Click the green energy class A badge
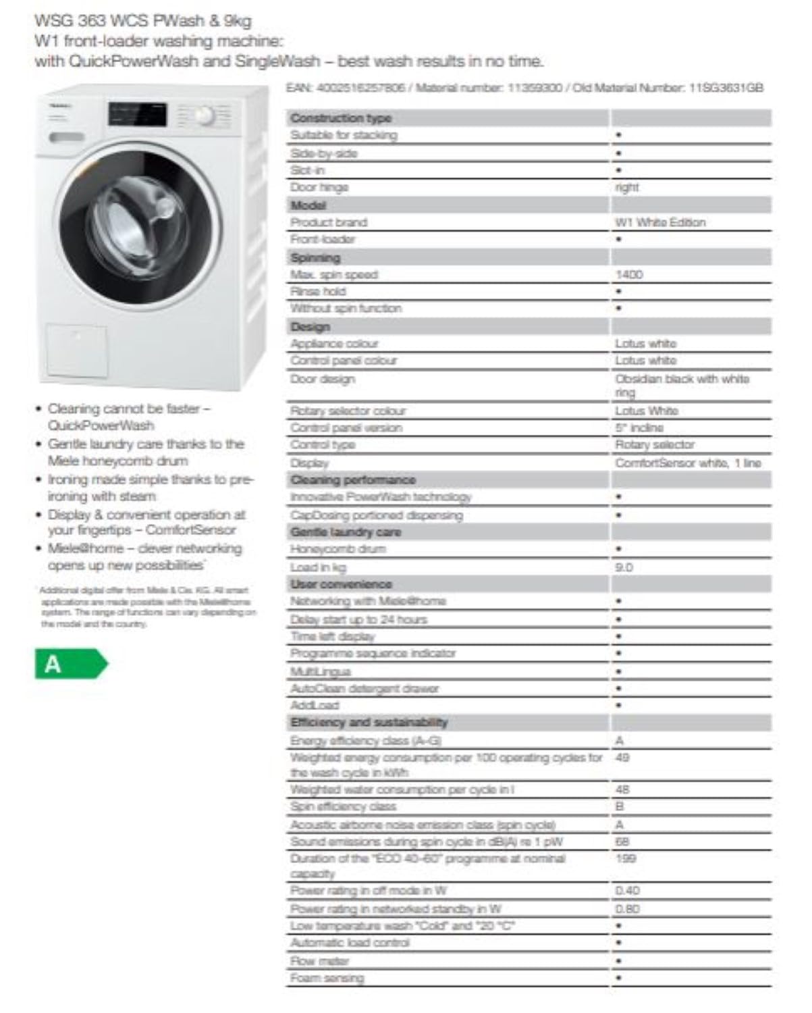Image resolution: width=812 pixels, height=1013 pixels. tap(70, 665)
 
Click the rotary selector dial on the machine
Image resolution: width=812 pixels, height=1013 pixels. tap(205, 118)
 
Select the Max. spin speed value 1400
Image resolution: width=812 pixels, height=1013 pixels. tap(628, 275)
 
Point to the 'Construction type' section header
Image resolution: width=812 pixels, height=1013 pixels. tap(341, 118)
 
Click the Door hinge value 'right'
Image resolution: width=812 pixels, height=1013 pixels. tap(626, 187)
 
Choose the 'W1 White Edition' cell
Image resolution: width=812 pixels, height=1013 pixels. tap(659, 222)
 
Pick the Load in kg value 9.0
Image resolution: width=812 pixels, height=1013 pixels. tap(624, 567)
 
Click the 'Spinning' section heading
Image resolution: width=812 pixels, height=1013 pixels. tap(315, 257)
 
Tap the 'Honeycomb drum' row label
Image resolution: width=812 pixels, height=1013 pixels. tap(338, 549)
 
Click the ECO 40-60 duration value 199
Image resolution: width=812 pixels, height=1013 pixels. tap(626, 858)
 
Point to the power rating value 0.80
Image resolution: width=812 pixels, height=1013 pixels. tap(627, 909)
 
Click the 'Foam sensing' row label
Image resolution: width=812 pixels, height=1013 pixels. tap(327, 978)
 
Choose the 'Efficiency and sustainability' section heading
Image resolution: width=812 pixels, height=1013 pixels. tap(369, 723)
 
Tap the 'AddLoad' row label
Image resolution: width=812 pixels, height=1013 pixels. tap(315, 705)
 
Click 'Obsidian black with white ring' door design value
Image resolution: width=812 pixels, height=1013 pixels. tap(681, 385)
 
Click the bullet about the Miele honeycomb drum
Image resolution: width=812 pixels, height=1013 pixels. tap(145, 452)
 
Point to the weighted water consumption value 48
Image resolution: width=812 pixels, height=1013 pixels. tap(622, 789)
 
